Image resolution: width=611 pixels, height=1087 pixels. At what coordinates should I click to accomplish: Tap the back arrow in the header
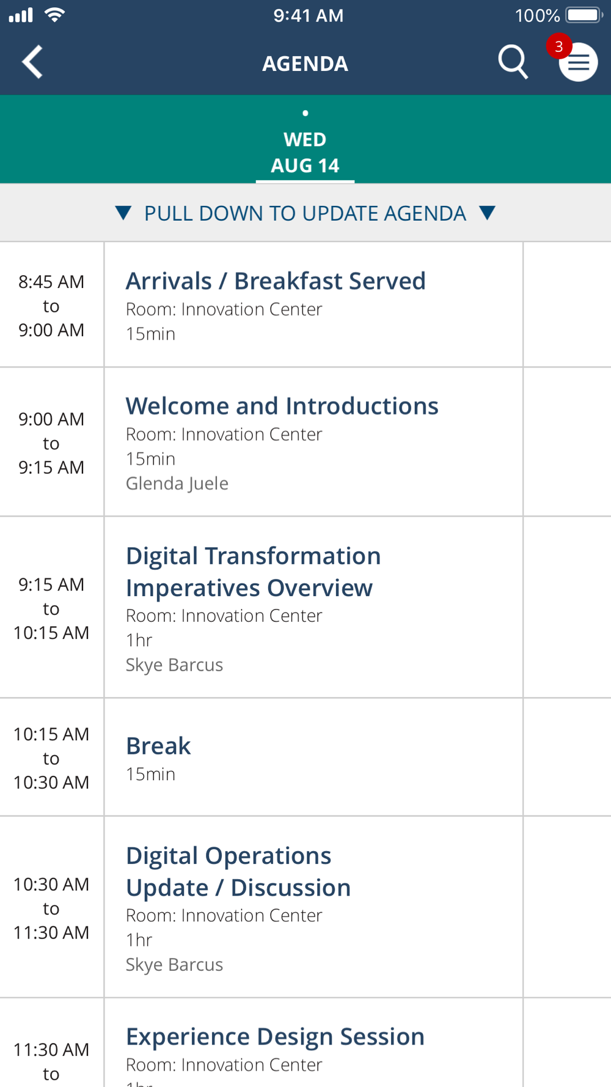click(32, 62)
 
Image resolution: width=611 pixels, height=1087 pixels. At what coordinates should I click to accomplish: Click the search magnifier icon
click(513, 62)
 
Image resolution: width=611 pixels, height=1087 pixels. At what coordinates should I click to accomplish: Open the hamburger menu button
click(578, 62)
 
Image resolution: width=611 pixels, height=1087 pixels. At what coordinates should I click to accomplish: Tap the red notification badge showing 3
click(558, 46)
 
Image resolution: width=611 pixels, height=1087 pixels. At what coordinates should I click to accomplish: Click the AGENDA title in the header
click(305, 64)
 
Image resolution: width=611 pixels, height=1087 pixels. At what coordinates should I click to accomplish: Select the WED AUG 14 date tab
click(305, 152)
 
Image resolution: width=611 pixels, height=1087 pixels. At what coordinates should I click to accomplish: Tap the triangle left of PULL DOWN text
click(123, 213)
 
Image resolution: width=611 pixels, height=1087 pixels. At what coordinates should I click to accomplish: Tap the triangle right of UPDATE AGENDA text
click(487, 213)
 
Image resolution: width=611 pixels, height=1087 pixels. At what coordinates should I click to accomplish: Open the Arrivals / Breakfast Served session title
click(276, 281)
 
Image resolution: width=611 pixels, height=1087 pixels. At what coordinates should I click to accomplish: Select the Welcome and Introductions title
click(282, 406)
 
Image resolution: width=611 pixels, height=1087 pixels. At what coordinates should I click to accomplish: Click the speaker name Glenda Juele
click(177, 484)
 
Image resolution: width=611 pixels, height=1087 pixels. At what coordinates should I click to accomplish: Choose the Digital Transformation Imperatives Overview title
click(254, 572)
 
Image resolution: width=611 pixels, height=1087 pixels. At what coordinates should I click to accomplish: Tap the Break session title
click(158, 746)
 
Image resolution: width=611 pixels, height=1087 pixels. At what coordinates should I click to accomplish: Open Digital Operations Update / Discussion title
click(238, 872)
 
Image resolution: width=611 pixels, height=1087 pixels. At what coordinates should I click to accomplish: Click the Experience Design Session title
click(275, 1037)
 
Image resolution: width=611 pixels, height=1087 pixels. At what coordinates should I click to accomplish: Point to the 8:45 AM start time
click(51, 282)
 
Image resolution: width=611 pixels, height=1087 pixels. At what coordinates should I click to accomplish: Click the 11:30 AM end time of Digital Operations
click(51, 933)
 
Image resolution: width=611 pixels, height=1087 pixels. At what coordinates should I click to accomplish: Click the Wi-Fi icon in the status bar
click(55, 15)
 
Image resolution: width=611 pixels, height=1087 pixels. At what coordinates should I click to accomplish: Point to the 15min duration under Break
click(150, 774)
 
